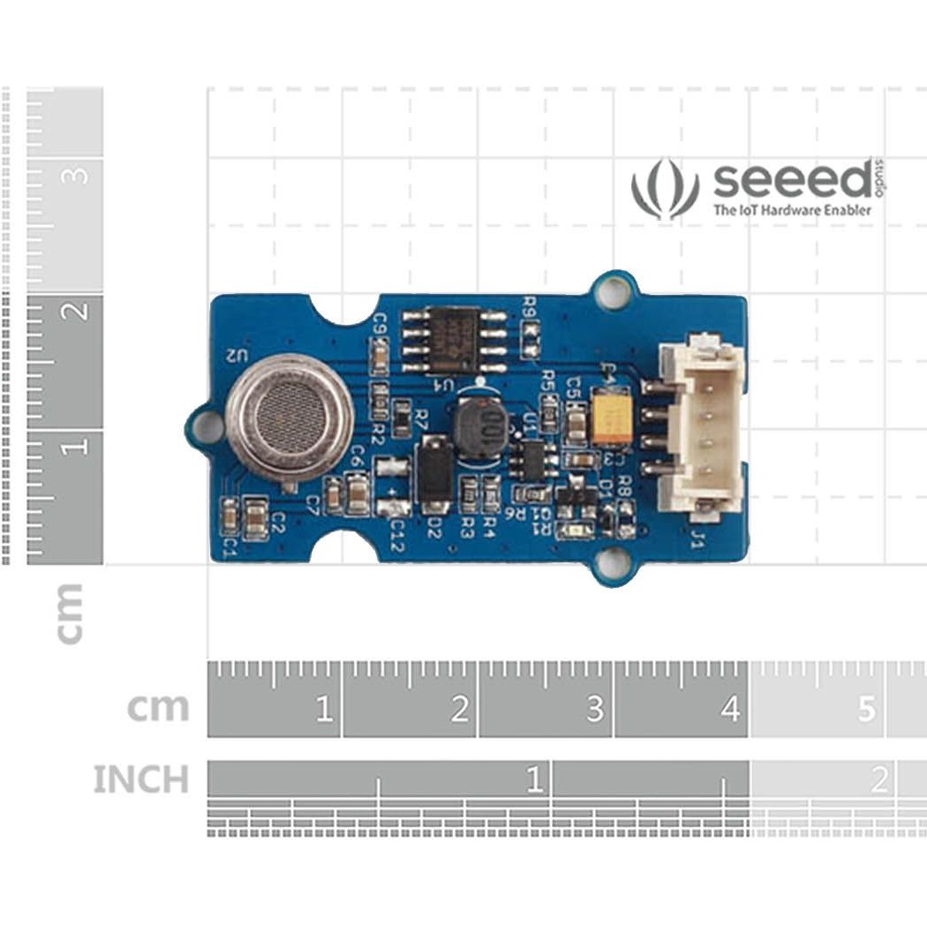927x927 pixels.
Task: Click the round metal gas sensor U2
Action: tap(290, 418)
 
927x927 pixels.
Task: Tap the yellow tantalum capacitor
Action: tap(611, 418)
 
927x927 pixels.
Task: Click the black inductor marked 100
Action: tap(481, 428)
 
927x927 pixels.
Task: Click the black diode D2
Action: tap(434, 475)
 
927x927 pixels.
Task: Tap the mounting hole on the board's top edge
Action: tap(613, 290)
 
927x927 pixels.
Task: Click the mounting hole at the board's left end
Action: tap(207, 427)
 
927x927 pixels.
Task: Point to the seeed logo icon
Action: tap(665, 188)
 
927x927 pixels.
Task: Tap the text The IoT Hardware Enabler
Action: tap(792, 210)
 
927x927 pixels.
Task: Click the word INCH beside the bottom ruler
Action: tap(141, 780)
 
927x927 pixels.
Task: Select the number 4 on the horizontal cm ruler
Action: tap(730, 708)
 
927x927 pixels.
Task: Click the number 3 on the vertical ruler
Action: tap(76, 176)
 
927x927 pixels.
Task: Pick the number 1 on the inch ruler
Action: tap(533, 780)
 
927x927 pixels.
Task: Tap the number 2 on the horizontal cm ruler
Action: tap(459, 708)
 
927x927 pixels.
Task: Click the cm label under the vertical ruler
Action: tap(69, 613)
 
